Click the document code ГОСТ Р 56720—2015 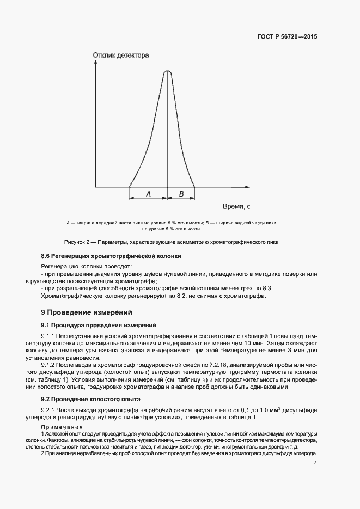coord(287,37)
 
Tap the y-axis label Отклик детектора coord(120,55)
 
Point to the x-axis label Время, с coord(236,207)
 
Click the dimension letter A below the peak coord(148,194)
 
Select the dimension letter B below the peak coord(182,194)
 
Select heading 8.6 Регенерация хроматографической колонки coord(111,256)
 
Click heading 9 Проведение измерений coord(87,312)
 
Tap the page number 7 coord(315,463)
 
